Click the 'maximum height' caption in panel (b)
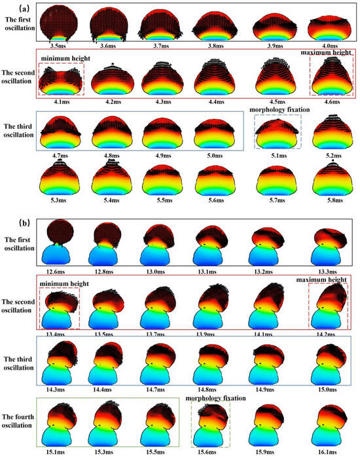[x=322, y=280]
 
